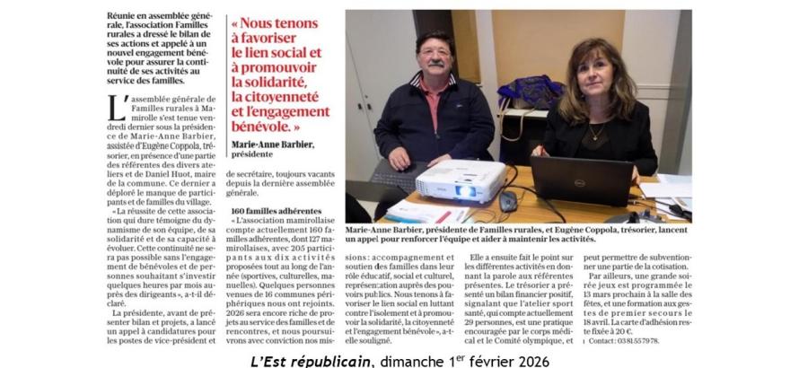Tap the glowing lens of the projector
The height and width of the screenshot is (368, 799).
pos(466,190)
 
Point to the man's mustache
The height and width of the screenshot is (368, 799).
pos(435,65)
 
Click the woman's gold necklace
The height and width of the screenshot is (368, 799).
pos(596,133)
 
